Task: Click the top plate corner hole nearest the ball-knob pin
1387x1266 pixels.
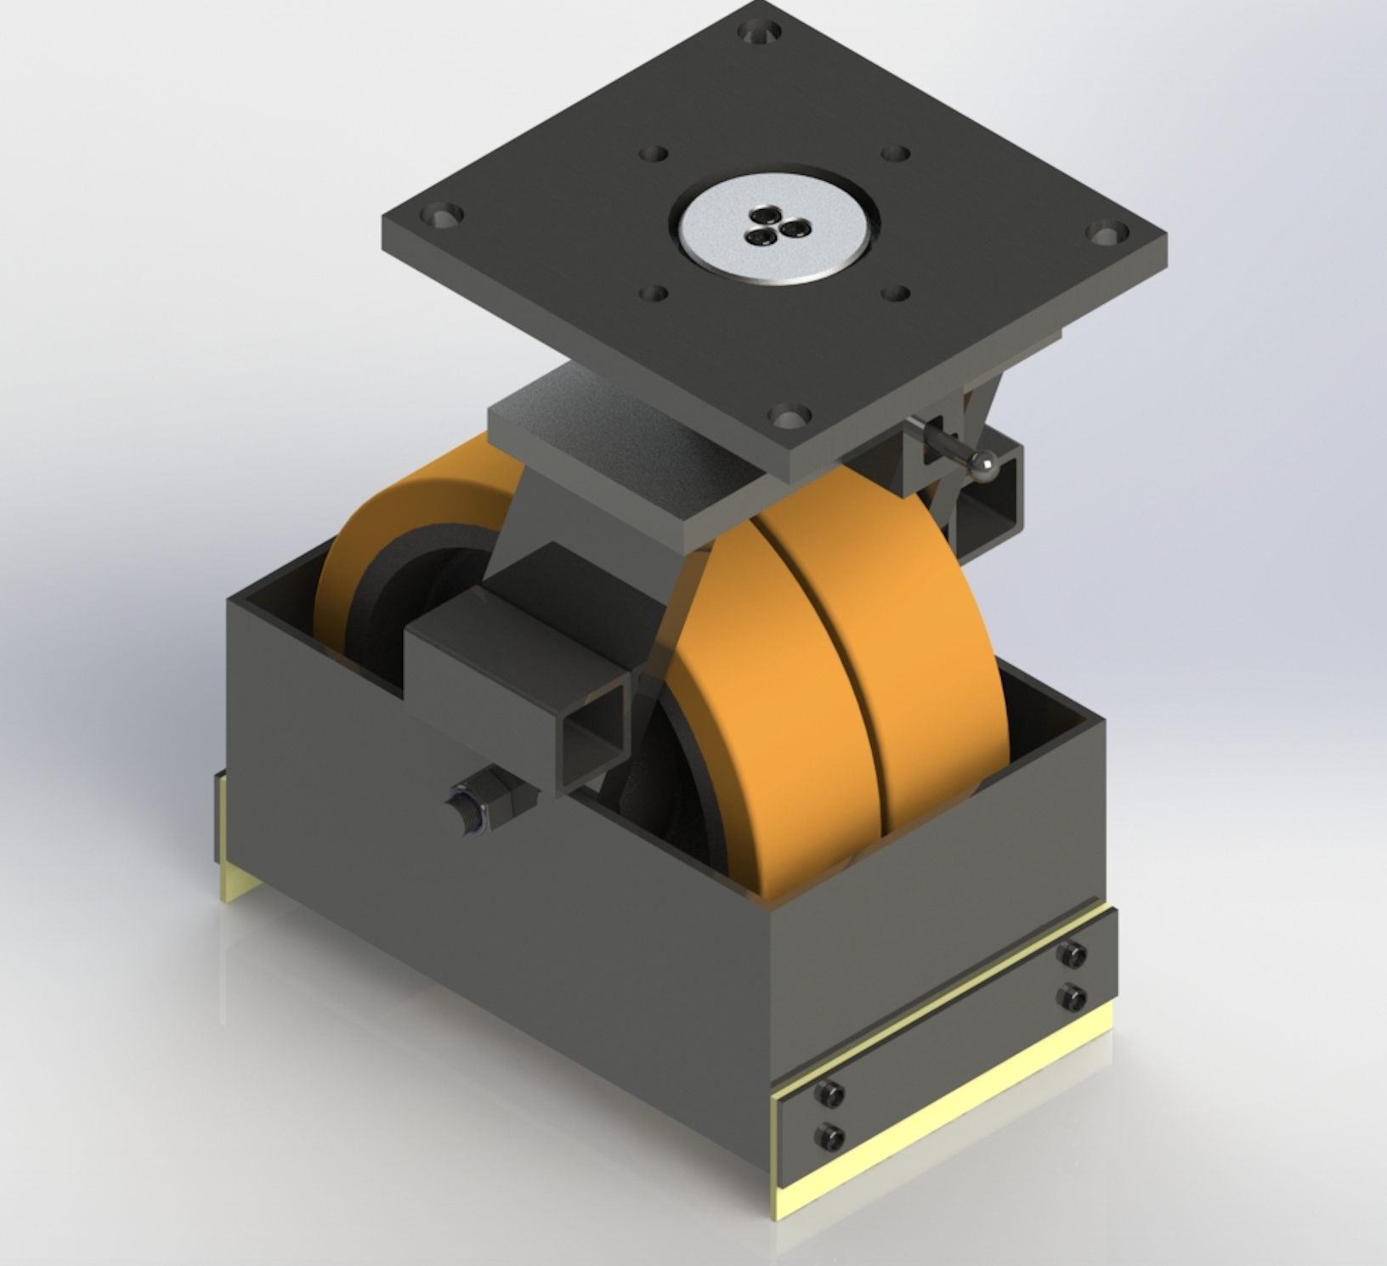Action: tap(788, 417)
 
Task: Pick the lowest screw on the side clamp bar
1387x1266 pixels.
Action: tap(829, 1134)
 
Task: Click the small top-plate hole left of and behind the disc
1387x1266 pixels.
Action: tap(653, 155)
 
